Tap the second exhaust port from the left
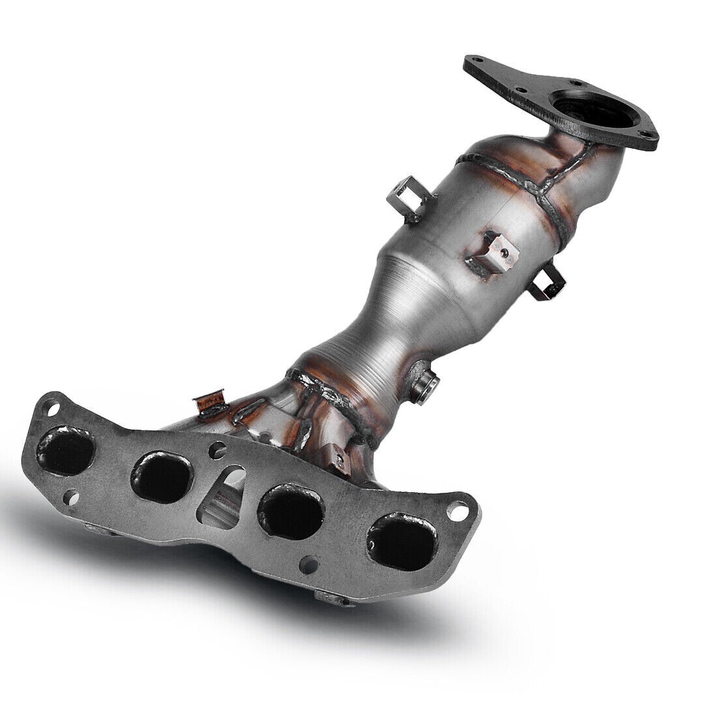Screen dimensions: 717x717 click(x=162, y=475)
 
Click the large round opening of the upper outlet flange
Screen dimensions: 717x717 click(x=583, y=107)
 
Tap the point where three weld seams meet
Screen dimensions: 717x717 click(x=542, y=189)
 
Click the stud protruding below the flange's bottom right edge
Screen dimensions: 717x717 click(x=335, y=596)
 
